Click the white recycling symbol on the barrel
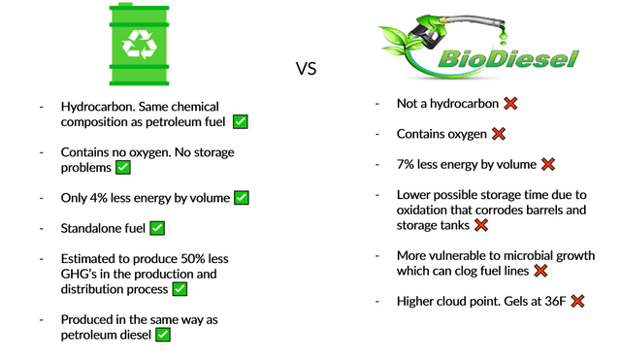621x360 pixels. click(x=132, y=43)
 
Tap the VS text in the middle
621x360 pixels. click(x=307, y=69)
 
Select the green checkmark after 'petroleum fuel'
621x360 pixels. click(x=240, y=121)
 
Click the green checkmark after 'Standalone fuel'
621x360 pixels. click(x=157, y=228)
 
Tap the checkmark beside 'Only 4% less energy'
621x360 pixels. click(x=242, y=198)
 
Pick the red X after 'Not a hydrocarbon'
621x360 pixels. click(x=510, y=104)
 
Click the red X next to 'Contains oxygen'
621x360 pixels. click(x=499, y=134)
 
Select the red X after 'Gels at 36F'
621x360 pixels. click(x=577, y=302)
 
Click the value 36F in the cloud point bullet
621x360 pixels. click(x=552, y=302)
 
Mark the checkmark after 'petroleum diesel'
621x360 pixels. click(x=163, y=335)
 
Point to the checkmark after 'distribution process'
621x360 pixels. click(x=180, y=289)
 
